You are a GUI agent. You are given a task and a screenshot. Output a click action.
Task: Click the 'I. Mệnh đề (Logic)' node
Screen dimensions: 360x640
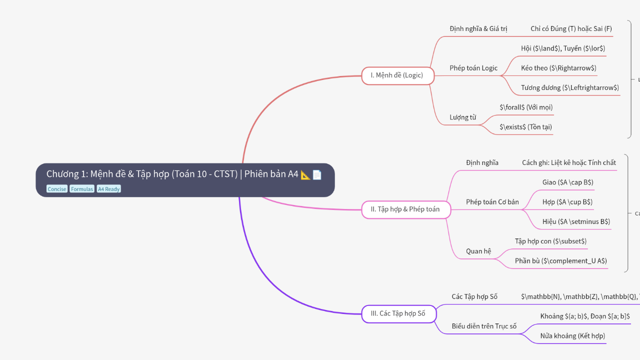click(x=397, y=75)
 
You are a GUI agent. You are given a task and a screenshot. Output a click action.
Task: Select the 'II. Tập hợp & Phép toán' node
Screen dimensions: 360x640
click(x=405, y=209)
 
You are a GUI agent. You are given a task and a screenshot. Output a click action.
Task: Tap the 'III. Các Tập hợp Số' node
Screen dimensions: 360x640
click(x=398, y=313)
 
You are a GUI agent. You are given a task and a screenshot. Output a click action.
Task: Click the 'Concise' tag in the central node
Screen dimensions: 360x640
click(x=57, y=189)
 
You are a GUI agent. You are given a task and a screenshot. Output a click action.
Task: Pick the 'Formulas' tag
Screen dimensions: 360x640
click(x=81, y=189)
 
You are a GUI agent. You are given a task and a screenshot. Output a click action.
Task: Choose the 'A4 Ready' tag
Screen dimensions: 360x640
click(x=108, y=189)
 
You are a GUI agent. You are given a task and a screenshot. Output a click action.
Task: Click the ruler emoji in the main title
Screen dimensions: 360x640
click(x=305, y=174)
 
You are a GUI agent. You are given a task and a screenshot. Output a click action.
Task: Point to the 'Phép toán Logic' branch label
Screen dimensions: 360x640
click(x=473, y=68)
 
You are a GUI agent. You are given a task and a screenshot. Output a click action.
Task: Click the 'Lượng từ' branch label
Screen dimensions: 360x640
click(x=462, y=117)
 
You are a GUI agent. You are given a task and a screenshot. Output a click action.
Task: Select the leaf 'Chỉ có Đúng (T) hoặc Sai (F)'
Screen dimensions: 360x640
click(x=571, y=28)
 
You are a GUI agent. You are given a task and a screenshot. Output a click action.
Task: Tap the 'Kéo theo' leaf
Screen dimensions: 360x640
click(x=558, y=68)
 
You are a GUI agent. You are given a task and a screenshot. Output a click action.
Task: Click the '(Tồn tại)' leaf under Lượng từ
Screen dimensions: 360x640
click(x=526, y=127)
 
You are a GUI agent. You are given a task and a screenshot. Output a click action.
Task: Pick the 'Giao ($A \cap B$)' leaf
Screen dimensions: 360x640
click(x=567, y=182)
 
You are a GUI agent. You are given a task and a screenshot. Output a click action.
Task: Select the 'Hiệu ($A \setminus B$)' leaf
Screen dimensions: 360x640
click(x=576, y=221)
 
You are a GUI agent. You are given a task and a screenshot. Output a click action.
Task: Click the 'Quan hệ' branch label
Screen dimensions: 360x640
click(x=478, y=251)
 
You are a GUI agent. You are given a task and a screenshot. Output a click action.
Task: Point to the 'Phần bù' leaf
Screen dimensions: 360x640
click(x=561, y=261)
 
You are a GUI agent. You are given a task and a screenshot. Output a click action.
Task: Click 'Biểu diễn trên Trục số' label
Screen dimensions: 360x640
click(x=484, y=326)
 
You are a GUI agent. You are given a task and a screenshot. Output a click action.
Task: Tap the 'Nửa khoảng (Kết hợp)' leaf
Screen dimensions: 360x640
click(x=572, y=336)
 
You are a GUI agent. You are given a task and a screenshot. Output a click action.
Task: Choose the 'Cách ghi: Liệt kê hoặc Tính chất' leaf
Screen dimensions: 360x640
click(x=569, y=162)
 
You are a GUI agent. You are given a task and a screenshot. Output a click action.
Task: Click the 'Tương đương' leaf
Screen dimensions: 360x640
click(x=570, y=87)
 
